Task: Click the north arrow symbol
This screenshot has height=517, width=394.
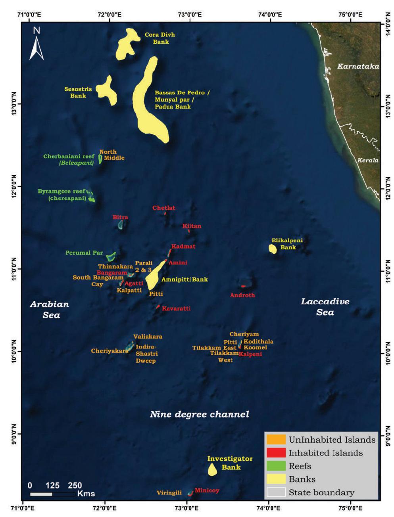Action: click(37, 44)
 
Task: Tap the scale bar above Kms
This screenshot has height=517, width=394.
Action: click(52, 494)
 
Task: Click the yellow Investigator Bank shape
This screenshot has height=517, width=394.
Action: click(212, 470)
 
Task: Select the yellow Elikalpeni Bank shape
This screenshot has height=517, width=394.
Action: click(273, 249)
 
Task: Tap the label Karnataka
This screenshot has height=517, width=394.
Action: click(358, 67)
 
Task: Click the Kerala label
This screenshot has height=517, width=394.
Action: click(367, 161)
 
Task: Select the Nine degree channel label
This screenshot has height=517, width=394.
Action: click(199, 415)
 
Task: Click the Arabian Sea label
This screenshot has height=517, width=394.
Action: click(49, 310)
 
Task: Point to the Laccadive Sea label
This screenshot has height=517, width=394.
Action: click(325, 307)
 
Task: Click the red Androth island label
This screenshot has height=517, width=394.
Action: click(242, 295)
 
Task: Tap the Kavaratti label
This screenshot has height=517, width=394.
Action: click(176, 308)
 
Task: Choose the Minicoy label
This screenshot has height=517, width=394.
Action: click(207, 490)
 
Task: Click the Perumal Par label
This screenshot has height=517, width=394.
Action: click(84, 253)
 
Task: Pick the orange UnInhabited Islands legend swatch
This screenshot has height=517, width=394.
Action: click(276, 440)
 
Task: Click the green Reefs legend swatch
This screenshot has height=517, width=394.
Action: click(276, 466)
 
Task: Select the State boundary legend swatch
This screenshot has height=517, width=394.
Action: click(276, 492)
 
